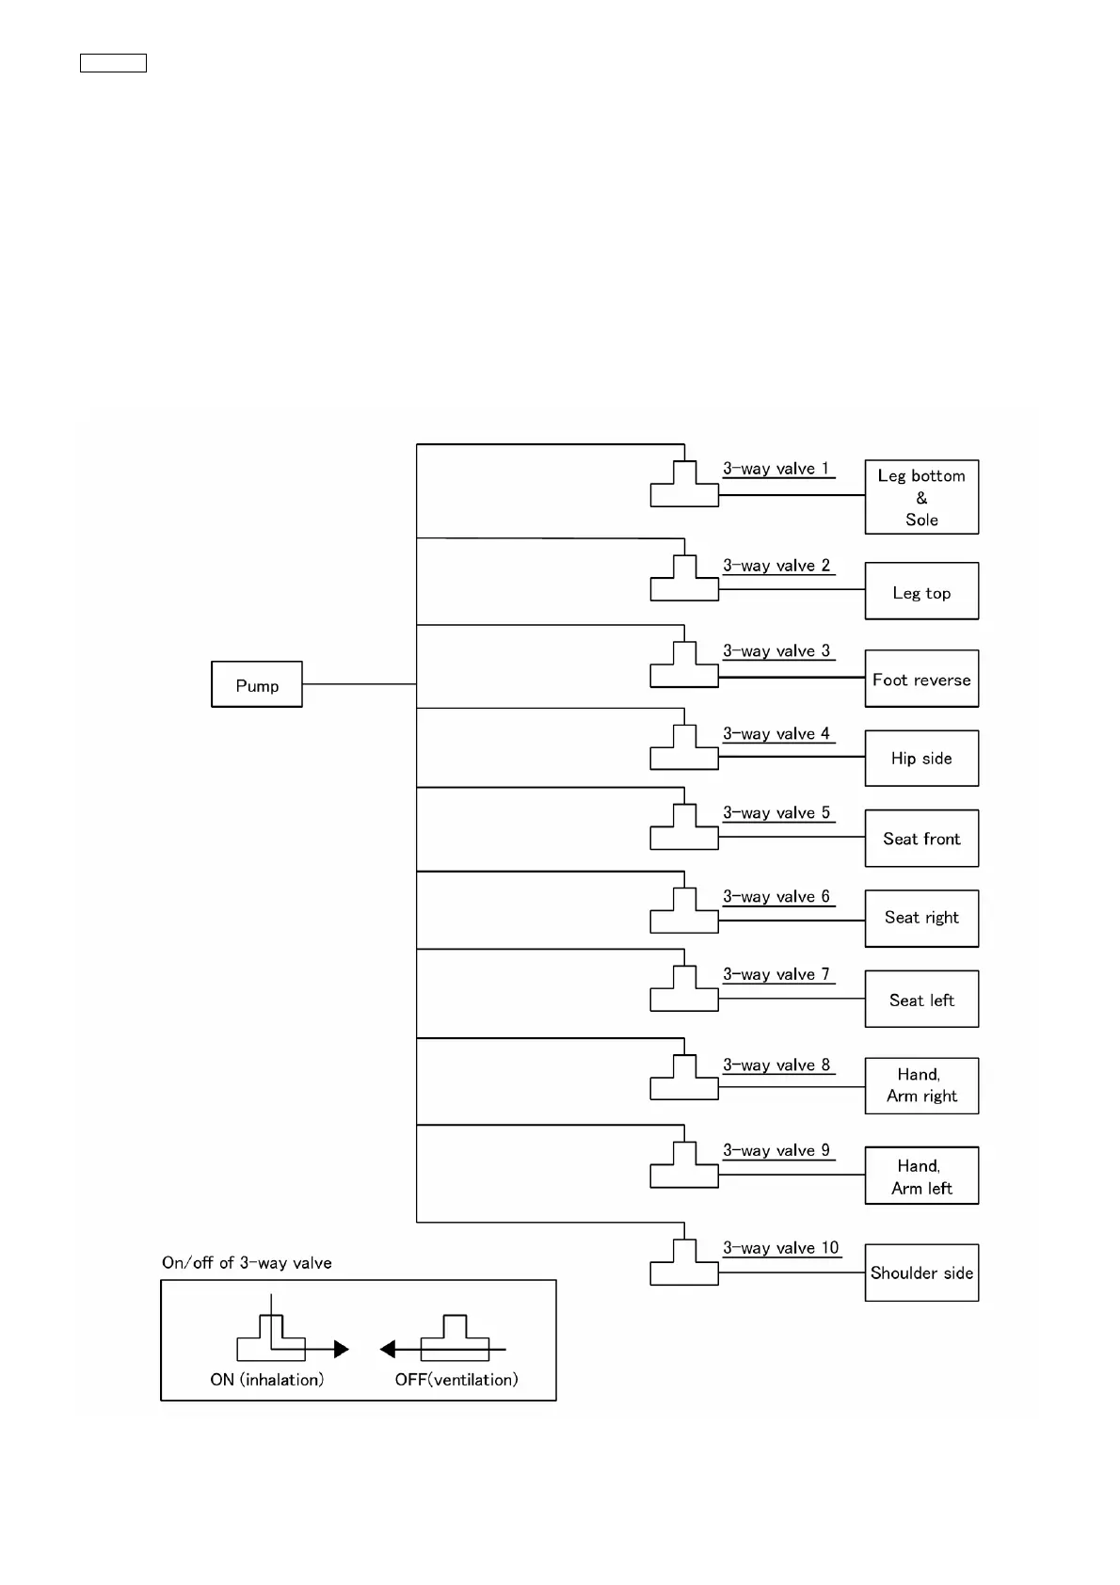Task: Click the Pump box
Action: click(257, 684)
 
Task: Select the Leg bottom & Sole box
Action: click(921, 497)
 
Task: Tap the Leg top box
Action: click(921, 591)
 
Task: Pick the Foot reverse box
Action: click(921, 679)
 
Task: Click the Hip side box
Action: click(921, 758)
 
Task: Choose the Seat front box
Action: click(921, 838)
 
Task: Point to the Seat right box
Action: click(921, 918)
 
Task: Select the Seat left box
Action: click(921, 999)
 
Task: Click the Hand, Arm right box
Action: click(921, 1085)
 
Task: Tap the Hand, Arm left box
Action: click(921, 1176)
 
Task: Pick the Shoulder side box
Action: click(921, 1273)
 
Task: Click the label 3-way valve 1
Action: click(776, 469)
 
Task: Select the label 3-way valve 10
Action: click(781, 1248)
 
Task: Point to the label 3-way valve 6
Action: click(776, 897)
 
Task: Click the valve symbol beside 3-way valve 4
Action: click(684, 750)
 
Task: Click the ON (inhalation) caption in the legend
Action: click(267, 1380)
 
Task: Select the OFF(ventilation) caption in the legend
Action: click(456, 1380)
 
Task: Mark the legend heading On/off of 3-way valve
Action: click(247, 1263)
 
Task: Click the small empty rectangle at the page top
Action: click(113, 63)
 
